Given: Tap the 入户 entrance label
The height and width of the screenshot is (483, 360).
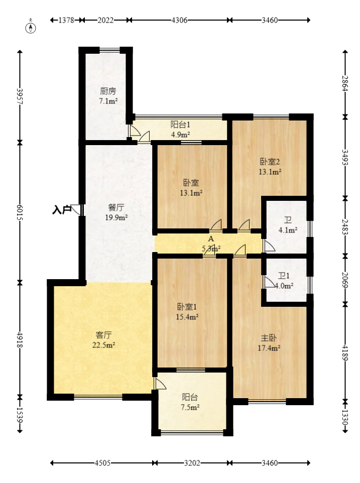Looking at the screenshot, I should pos(62,210).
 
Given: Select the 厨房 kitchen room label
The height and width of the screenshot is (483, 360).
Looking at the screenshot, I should pos(108,91).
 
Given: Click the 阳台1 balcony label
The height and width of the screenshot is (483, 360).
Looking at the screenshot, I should pos(180,125).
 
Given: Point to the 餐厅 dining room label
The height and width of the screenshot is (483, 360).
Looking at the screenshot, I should pos(116,207).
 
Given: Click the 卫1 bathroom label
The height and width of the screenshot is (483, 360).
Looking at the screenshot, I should pos(284,276).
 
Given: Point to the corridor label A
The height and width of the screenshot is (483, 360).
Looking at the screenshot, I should pos(211,239).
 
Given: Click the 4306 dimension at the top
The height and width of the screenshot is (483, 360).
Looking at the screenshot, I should pos(179,20).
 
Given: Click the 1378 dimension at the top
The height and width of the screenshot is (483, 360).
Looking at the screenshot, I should pos(66,20).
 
